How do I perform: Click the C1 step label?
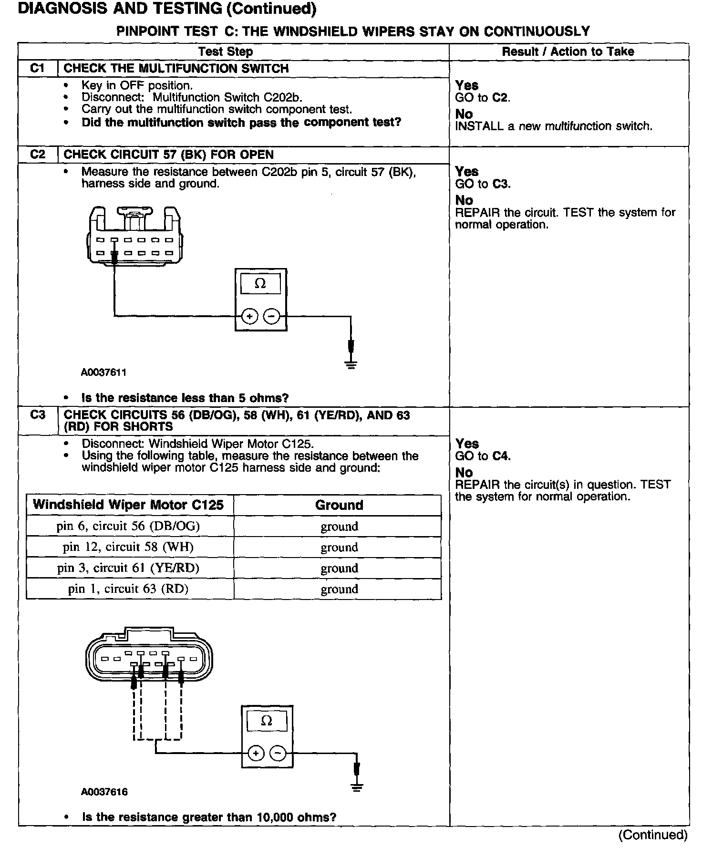(x=37, y=69)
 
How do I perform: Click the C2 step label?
(x=37, y=155)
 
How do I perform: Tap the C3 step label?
(x=37, y=415)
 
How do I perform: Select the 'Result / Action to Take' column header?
(x=568, y=52)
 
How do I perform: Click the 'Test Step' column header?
(x=226, y=52)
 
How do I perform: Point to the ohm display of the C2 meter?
(x=260, y=284)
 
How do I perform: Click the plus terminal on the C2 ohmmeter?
(x=250, y=316)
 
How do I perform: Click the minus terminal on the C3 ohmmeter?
(x=278, y=754)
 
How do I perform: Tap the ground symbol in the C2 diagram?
(x=351, y=365)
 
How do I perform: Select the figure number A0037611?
(x=103, y=372)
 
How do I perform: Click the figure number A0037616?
(x=104, y=792)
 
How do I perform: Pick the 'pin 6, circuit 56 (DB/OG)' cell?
(x=128, y=526)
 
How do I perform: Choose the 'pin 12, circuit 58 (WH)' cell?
(x=128, y=547)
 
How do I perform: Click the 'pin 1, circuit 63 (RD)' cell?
(x=128, y=589)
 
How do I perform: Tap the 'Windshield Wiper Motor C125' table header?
(x=128, y=505)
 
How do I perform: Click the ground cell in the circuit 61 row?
(x=339, y=568)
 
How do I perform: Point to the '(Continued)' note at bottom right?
(x=653, y=835)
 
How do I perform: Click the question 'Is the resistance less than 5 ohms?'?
(x=185, y=398)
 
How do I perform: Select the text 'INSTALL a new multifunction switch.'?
(x=554, y=126)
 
